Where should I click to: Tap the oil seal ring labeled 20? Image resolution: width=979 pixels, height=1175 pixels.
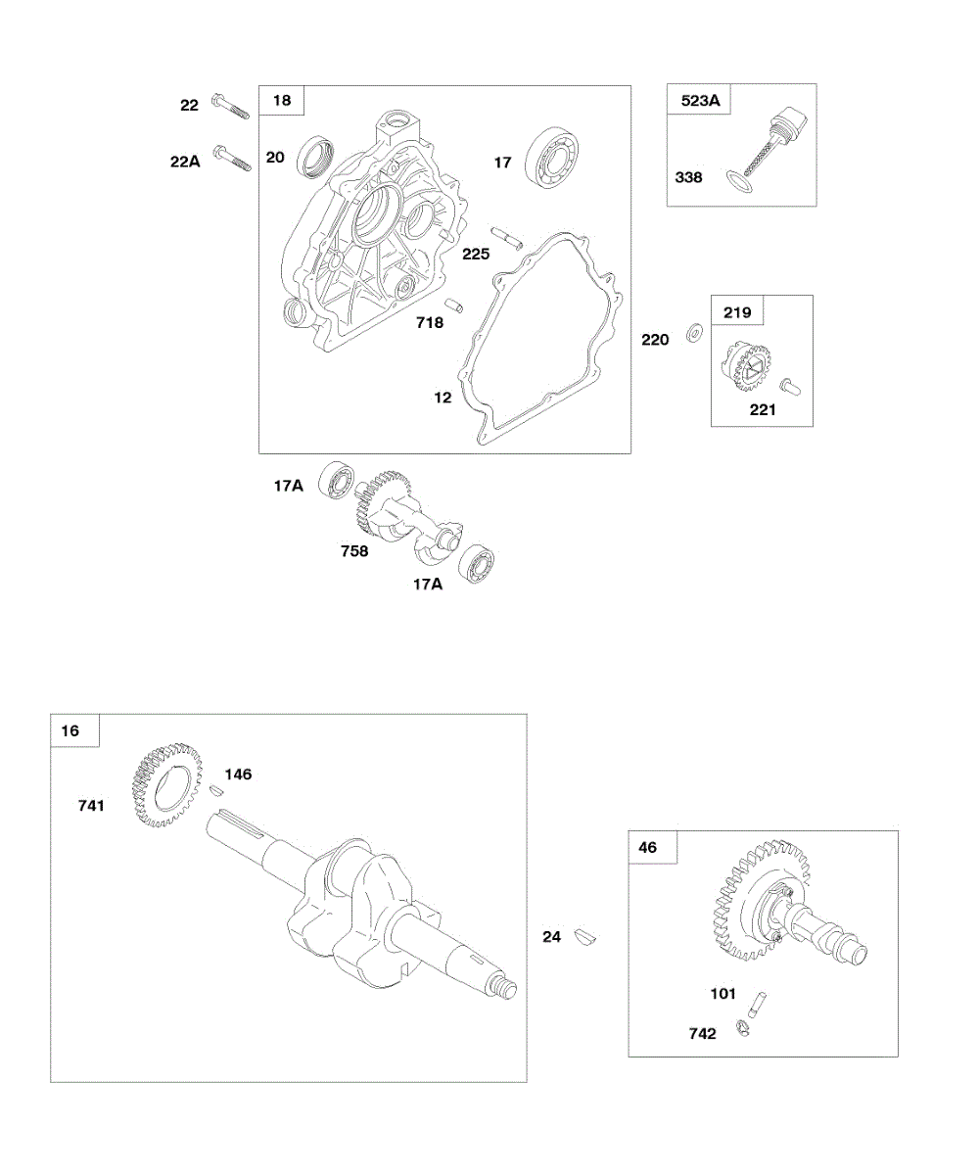pyautogui.click(x=315, y=160)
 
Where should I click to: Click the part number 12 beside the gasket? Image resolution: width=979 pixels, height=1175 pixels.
pyautogui.click(x=443, y=398)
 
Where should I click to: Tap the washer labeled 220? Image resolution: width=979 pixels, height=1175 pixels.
pyautogui.click(x=693, y=332)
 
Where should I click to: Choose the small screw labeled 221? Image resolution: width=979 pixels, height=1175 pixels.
pyautogui.click(x=791, y=385)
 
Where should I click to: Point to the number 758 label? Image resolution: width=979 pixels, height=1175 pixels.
pyautogui.click(x=354, y=550)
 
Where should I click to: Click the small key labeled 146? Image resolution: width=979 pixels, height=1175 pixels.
pyautogui.click(x=217, y=787)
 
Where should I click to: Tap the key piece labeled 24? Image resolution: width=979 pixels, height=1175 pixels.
pyautogui.click(x=585, y=937)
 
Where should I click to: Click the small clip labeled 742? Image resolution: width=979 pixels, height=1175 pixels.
pyautogui.click(x=744, y=1028)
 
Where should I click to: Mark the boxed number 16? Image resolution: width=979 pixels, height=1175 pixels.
pyautogui.click(x=70, y=730)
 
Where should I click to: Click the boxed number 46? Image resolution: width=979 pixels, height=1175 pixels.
pyautogui.click(x=648, y=848)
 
